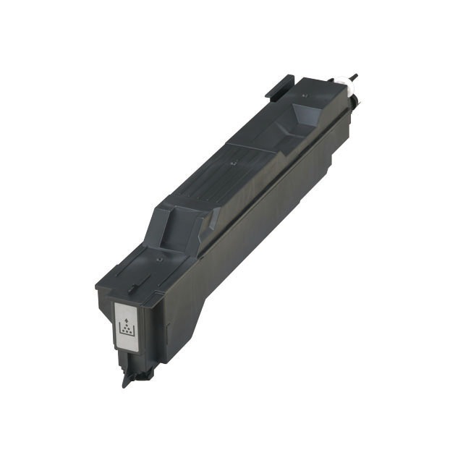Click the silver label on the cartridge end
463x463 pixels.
point(127,327)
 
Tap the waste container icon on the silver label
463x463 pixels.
point(127,330)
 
